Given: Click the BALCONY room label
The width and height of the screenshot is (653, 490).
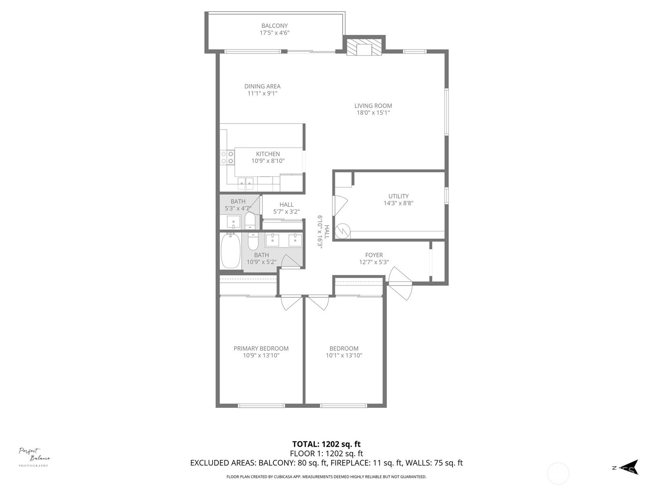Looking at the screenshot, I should pos(274,26).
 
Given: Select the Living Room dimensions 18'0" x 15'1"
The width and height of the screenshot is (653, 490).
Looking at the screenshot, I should pos(373,113).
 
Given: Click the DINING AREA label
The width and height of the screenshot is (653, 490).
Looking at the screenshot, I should pos(262,86).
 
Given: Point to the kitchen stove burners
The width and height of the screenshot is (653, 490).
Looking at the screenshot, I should pos(227,158).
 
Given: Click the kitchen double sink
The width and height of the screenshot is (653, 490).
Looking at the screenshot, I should pos(246,183).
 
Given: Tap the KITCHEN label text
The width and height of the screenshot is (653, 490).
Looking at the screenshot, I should pos(268,154).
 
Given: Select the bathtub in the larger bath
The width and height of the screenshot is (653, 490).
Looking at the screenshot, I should pos(231,251).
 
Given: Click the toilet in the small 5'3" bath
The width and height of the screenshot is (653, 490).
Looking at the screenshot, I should pos(250,221).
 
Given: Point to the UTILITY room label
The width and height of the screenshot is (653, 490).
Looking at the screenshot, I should pos(398,196).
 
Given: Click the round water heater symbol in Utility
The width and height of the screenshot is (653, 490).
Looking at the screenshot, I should pos(342,231).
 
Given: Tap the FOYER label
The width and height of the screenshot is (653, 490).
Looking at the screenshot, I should pos(374,255).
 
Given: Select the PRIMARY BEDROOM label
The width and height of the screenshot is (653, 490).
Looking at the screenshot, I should pos(261,348).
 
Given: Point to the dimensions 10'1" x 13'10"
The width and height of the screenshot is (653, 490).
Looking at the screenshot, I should pos(344,355).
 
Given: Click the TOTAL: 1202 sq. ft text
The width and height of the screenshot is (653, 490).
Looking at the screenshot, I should pos(326,444).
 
